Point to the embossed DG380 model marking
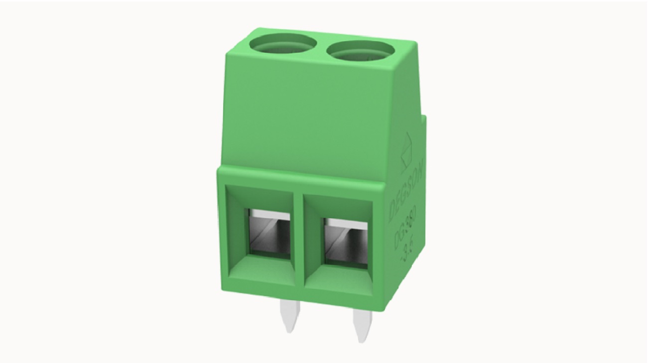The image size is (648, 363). [405, 235]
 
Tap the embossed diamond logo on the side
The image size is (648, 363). [407, 152]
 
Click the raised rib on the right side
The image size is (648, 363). [425, 159]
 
